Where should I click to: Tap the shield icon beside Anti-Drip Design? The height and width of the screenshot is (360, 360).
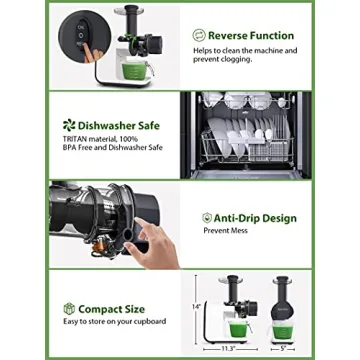(x=207, y=217)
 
